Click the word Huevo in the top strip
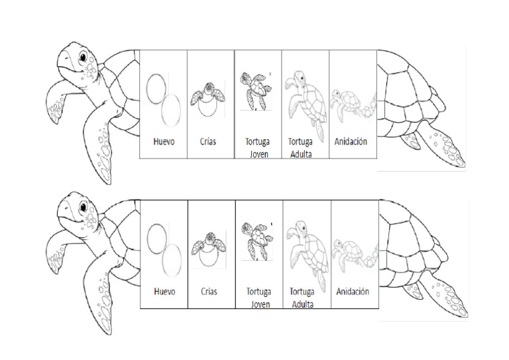(163, 141)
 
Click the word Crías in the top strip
(207, 141)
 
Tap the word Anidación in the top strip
(351, 141)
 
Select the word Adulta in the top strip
(300, 154)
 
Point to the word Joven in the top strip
(259, 154)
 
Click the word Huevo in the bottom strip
(164, 291)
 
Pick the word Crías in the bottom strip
(209, 291)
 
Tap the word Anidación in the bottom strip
(353, 291)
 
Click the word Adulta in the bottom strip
(302, 304)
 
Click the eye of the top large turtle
(83, 58)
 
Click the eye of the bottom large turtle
(83, 208)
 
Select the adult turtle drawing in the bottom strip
(306, 250)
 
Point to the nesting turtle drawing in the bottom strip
(353, 252)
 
